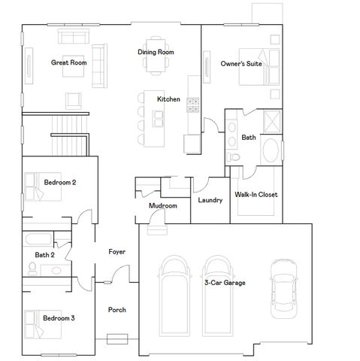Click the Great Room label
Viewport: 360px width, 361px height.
point(68,62)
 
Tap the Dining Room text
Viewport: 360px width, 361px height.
point(156,52)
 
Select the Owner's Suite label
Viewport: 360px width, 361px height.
point(241,64)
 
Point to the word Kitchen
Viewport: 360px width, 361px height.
point(168,99)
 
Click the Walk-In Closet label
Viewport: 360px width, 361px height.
point(256,194)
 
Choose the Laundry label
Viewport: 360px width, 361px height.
point(209,201)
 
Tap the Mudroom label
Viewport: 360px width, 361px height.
point(162,205)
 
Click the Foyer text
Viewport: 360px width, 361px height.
point(116,251)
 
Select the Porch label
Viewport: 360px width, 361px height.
point(116,309)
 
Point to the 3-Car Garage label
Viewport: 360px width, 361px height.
point(225,283)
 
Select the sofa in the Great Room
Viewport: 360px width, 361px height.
point(71,38)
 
